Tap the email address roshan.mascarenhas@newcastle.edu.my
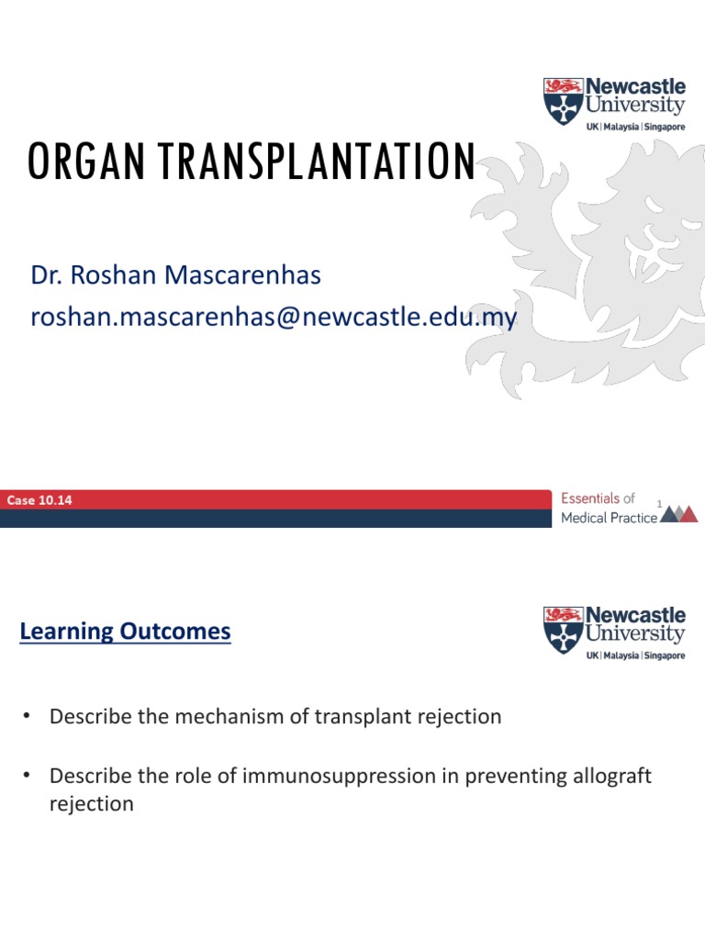(x=274, y=318)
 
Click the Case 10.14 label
(x=39, y=500)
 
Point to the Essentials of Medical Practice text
(x=609, y=508)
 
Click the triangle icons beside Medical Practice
(x=679, y=513)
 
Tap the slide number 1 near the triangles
(x=659, y=502)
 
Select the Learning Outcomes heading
(x=125, y=632)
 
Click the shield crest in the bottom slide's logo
(x=562, y=629)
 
